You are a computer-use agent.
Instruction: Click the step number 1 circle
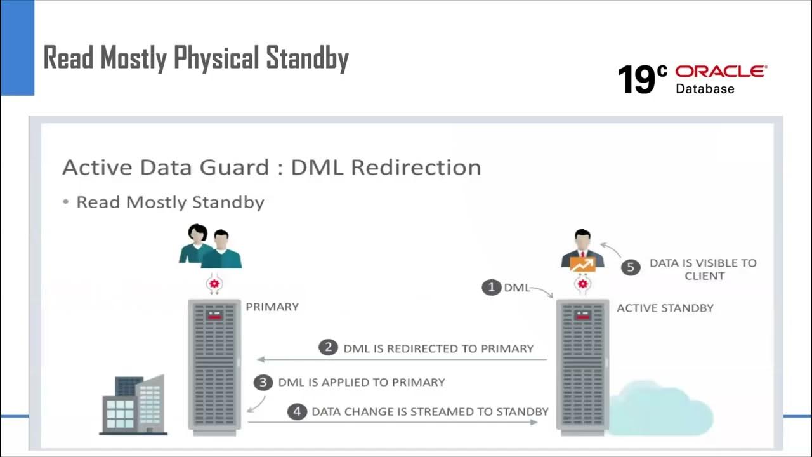[x=491, y=288]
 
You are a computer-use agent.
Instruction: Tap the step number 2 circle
[x=328, y=348]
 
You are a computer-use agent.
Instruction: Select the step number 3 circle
[x=263, y=382]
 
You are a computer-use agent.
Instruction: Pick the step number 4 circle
[x=296, y=411]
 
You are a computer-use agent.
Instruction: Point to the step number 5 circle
[x=630, y=267]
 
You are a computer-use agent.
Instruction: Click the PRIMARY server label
[x=272, y=307]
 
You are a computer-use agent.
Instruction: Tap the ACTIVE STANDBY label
[x=665, y=308]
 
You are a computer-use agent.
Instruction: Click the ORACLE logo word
[x=721, y=71]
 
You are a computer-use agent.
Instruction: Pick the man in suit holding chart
[x=582, y=251]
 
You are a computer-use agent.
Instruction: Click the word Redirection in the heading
[x=416, y=168]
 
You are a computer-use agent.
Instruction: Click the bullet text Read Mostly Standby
[x=170, y=202]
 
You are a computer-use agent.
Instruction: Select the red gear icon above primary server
[x=214, y=284]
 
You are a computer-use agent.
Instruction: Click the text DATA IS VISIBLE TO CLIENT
[x=703, y=269]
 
